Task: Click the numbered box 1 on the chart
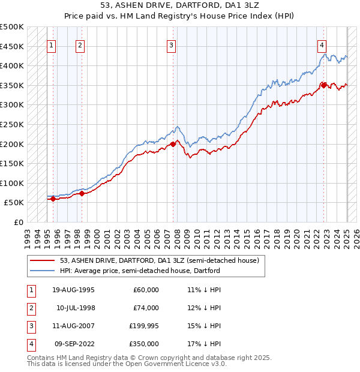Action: point(51,44)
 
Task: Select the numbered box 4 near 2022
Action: point(322,44)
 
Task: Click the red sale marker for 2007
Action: point(173,143)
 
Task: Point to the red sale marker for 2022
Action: point(324,85)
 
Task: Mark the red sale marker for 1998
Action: point(82,193)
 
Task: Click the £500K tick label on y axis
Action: point(12,27)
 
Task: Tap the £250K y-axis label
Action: point(12,124)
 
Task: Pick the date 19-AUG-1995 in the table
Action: point(73,290)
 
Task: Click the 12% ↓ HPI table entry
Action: point(205,308)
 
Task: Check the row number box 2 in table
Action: point(30,308)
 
